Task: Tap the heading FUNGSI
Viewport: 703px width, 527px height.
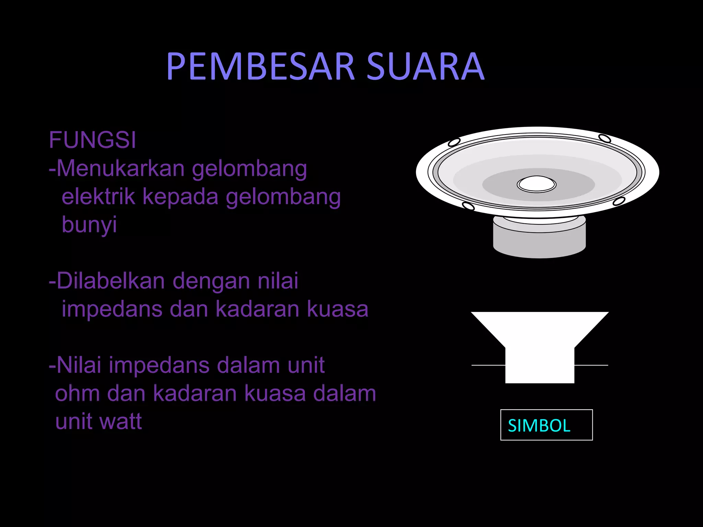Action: pos(92,140)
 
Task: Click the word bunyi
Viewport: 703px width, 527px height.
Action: pos(89,225)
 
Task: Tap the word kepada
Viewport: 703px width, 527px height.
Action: pos(180,197)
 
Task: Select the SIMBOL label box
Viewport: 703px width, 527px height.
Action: pos(546,425)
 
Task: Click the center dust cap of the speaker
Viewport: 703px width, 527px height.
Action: pos(537,184)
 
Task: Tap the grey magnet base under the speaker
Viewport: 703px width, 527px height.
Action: pos(539,242)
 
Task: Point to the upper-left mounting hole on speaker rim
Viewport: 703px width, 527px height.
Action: pos(454,142)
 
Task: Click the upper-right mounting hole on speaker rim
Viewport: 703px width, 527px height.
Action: pos(604,138)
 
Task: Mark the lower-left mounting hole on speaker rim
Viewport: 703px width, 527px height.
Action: pos(468,206)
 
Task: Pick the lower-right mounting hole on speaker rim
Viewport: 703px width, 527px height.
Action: pos(619,201)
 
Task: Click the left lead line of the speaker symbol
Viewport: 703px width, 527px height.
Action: pos(488,365)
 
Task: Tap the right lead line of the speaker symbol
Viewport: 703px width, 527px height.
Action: pos(591,365)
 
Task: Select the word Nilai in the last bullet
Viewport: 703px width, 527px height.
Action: pos(79,365)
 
